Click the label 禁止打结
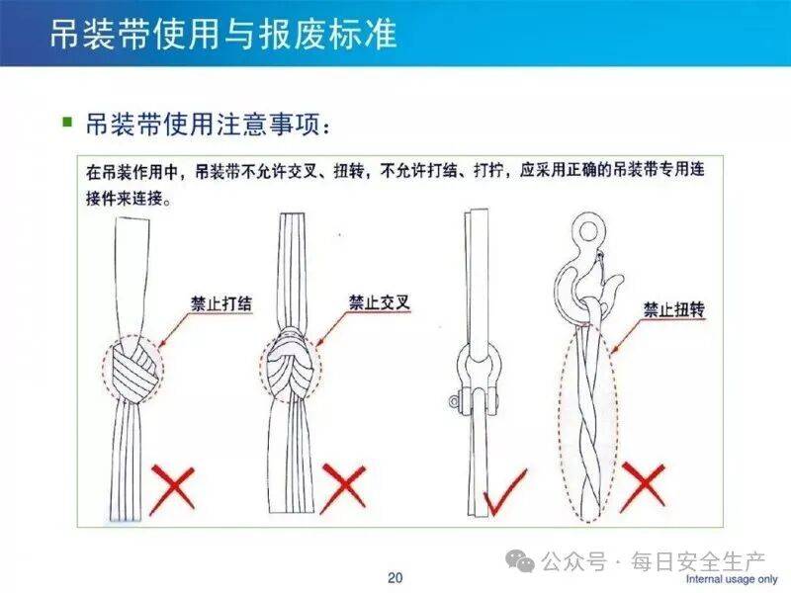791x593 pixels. pos(220,303)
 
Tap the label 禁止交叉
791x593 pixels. pos(380,302)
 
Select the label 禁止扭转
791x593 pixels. pos(674,309)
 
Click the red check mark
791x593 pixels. pos(504,492)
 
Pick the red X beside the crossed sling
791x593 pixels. pos(343,488)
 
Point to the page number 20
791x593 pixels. pos(395,577)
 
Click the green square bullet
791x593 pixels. pos(67,122)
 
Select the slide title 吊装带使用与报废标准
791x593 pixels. pos(223,35)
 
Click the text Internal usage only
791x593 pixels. pos(732,579)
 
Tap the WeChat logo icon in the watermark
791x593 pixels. pos(520,560)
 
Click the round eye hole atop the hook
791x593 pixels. pos(588,231)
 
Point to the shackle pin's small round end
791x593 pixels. pos(454,401)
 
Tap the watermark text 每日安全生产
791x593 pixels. pos(699,560)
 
